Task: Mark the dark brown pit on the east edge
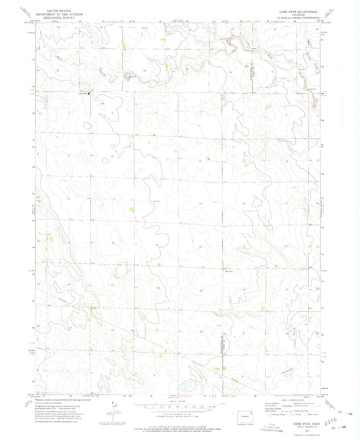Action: (x=315, y=103)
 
